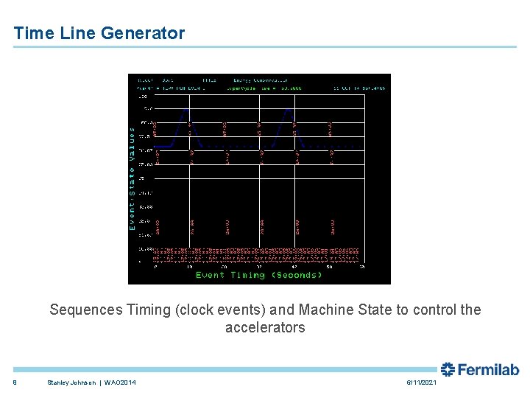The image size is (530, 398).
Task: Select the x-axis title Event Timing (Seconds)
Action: point(259,275)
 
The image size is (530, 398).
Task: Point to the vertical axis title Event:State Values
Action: point(132,178)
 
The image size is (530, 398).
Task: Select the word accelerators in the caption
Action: point(265,328)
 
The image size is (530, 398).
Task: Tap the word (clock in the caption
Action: point(194,310)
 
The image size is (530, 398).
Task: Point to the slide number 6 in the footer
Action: point(15,383)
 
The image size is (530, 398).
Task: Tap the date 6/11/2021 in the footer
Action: point(421,383)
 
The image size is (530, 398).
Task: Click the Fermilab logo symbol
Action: point(448,369)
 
